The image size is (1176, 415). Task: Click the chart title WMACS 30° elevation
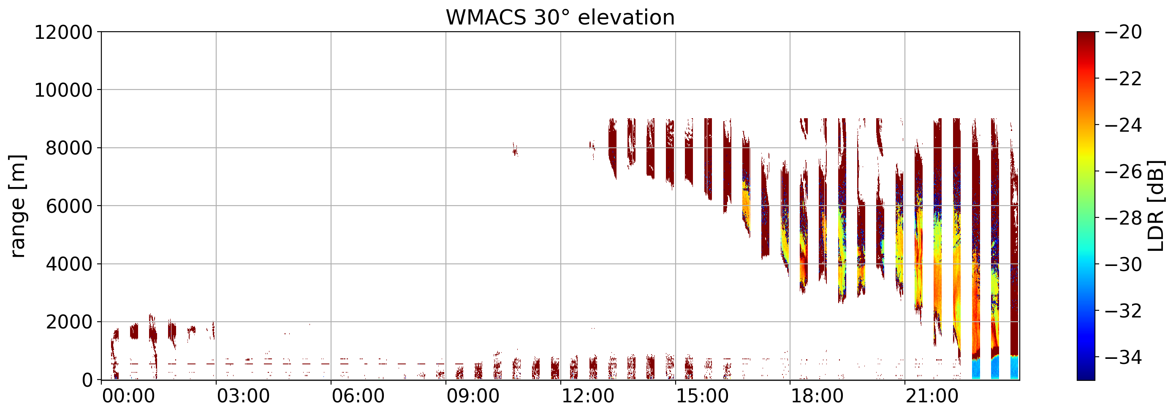point(560,18)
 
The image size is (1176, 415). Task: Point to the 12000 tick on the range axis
point(63,33)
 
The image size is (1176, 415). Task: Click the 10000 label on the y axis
point(63,90)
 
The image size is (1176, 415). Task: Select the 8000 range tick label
point(69,148)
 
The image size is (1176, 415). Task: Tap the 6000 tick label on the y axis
point(69,206)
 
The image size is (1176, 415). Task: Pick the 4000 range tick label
point(69,264)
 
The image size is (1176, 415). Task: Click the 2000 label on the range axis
point(69,322)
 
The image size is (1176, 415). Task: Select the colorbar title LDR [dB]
point(1155,206)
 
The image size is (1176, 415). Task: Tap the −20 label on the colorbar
point(1123,33)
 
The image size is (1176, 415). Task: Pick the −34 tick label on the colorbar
point(1123,358)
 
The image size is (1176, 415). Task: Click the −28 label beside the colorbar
point(1123,218)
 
